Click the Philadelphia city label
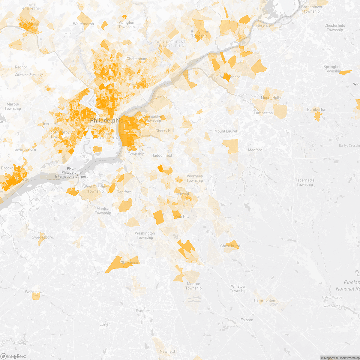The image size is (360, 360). pyautogui.click(x=106, y=120)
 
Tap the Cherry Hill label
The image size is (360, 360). pyautogui.click(x=164, y=131)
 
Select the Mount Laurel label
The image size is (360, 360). pyautogui.click(x=226, y=131)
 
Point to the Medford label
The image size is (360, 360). pyautogui.click(x=255, y=150)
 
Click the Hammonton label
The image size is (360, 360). pyautogui.click(x=264, y=300)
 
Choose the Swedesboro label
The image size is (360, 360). pyautogui.click(x=42, y=237)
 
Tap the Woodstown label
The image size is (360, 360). pyautogui.click(x=34, y=292)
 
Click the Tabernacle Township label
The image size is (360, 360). pyautogui.click(x=305, y=182)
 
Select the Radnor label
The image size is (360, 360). pyautogui.click(x=21, y=67)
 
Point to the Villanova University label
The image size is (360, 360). pyautogui.click(x=29, y=75)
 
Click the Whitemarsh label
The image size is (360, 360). pyautogui.click(x=83, y=24)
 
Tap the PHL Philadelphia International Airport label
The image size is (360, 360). pyautogui.click(x=71, y=172)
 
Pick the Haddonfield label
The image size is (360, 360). pyautogui.click(x=162, y=155)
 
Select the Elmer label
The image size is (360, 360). pyautogui.click(x=104, y=324)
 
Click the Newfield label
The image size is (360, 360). pyautogui.click(x=167, y=351)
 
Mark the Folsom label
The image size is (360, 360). pyautogui.click(x=247, y=320)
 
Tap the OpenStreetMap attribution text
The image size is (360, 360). pyautogui.click(x=348, y=358)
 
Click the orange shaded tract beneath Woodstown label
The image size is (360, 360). pyautogui.click(x=36, y=297)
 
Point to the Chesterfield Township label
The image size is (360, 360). pyautogui.click(x=334, y=28)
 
